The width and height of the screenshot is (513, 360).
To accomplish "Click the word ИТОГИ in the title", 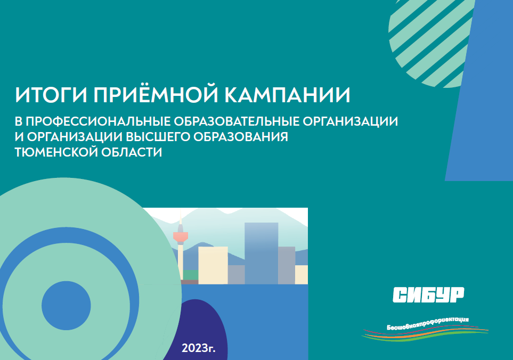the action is (51, 95).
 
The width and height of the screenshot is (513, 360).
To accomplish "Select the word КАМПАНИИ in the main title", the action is (287, 95).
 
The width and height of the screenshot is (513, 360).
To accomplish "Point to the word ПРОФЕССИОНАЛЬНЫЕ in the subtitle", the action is (98, 121).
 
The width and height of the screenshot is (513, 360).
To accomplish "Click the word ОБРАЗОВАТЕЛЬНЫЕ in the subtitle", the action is (236, 121).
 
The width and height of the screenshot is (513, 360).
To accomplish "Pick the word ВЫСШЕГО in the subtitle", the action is (158, 137).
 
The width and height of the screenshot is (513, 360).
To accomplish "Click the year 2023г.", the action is (198, 348).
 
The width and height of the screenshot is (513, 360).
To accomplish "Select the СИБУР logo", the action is (428, 294).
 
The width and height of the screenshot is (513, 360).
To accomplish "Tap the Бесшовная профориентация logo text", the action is (428, 323).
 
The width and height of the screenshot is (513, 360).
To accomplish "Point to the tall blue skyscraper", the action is (262, 253).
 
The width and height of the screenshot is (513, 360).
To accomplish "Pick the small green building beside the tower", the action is (190, 275).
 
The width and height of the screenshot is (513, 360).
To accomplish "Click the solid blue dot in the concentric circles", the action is (66, 305).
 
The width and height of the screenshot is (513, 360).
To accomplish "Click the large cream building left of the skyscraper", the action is (213, 265).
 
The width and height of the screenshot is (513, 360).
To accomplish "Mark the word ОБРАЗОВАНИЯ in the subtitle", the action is (241, 137).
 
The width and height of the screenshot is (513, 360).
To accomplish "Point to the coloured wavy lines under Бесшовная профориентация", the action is (425, 334).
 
